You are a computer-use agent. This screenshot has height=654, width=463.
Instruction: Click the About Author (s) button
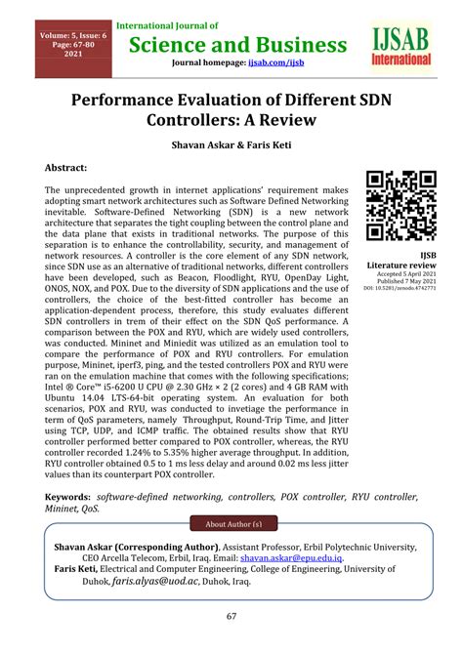[x=231, y=522]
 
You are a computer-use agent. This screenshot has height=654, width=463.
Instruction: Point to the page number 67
[x=231, y=616]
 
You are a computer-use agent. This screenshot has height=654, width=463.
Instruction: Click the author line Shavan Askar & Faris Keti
[x=231, y=141]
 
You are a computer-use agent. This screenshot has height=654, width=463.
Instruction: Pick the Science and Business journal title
[x=231, y=44]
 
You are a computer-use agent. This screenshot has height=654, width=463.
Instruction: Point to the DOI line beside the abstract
[x=400, y=290]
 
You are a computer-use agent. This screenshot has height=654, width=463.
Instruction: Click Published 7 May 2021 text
[x=400, y=282]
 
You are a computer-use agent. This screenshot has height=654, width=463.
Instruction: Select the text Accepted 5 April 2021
[x=400, y=274]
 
